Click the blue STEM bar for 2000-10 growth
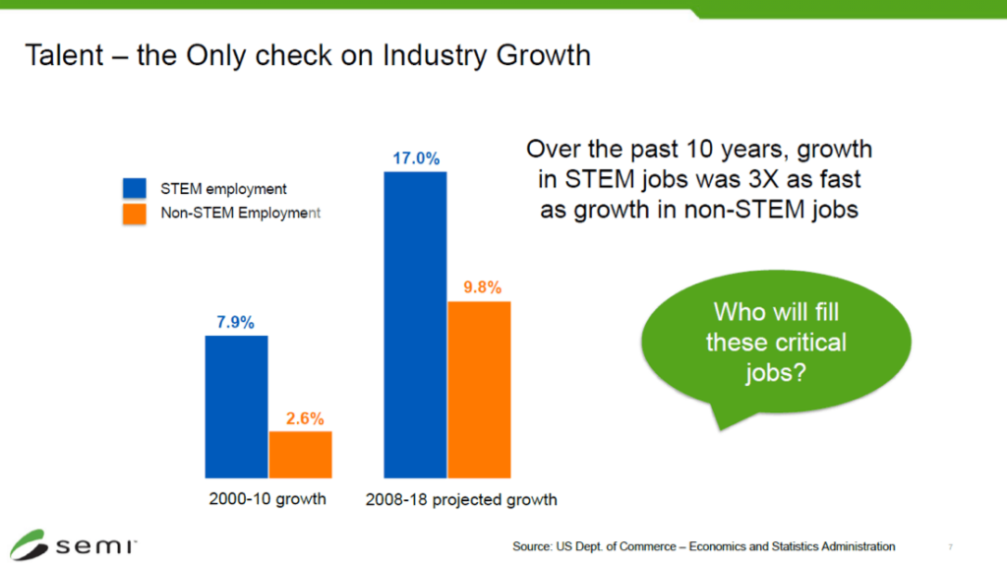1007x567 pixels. click(236, 406)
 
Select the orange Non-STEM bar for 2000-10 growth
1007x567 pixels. click(300, 454)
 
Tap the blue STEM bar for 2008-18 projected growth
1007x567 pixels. click(415, 324)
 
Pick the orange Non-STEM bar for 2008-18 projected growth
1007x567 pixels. click(479, 389)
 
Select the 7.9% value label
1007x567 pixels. click(236, 322)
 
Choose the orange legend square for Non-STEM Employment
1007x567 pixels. click(134, 213)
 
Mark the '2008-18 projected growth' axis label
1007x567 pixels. click(461, 499)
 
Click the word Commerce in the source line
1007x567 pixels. click(639, 546)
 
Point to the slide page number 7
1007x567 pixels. click(951, 547)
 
